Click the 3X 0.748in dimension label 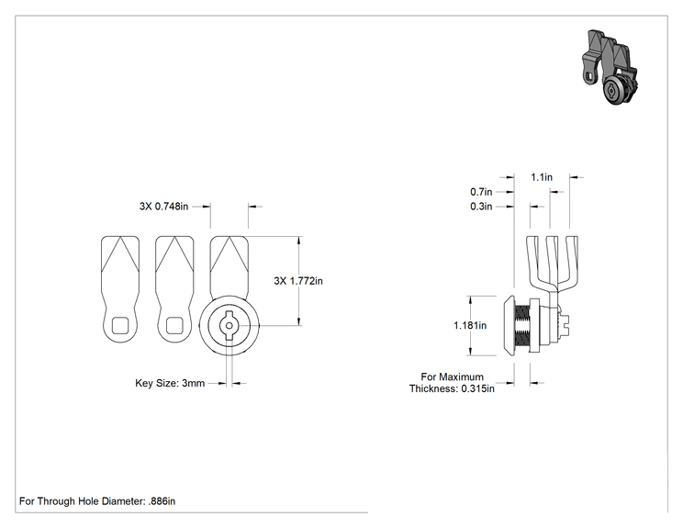163,206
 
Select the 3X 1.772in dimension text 298,281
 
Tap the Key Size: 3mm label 170,383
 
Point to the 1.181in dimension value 470,325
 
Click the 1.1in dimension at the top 542,177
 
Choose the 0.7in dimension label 481,192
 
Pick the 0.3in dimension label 481,207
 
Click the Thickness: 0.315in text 452,388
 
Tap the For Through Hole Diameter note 97,501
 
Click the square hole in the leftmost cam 121,325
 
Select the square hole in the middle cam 174,325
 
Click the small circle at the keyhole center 230,325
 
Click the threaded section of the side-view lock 521,326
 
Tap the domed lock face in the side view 509,325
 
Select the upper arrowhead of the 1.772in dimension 299,240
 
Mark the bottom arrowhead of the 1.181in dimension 470,351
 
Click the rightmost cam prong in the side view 568,262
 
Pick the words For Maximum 453,376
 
